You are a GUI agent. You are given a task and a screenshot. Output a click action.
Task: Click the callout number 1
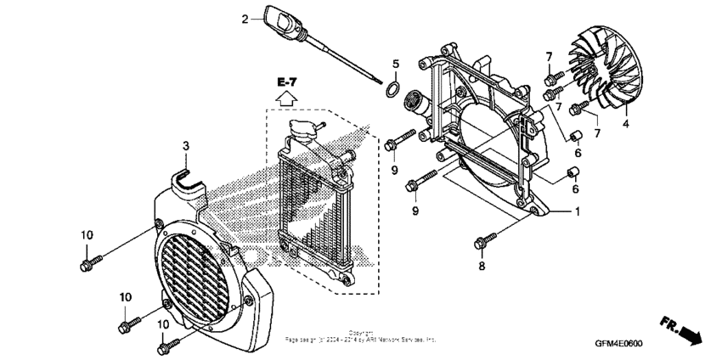[578, 210]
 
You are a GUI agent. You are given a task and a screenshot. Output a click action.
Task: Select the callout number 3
[184, 148]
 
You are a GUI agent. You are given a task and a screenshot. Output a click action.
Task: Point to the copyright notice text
[360, 336]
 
